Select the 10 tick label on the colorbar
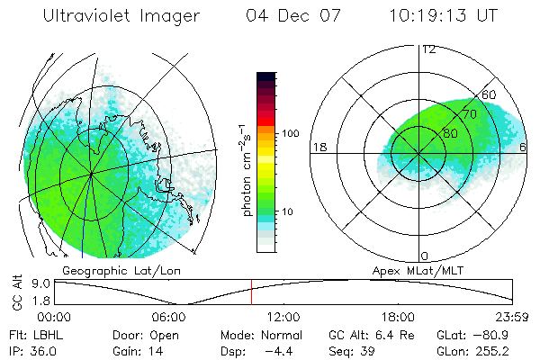pyautogui.click(x=290, y=211)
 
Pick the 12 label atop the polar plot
pyautogui.click(x=428, y=49)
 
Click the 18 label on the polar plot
pyautogui.click(x=318, y=147)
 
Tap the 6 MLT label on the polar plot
pyautogui.click(x=523, y=147)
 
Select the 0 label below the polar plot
pyautogui.click(x=424, y=256)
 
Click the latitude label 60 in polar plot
pyautogui.click(x=490, y=95)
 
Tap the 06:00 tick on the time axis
pyautogui.click(x=169, y=317)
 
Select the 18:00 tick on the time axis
pyautogui.click(x=398, y=317)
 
